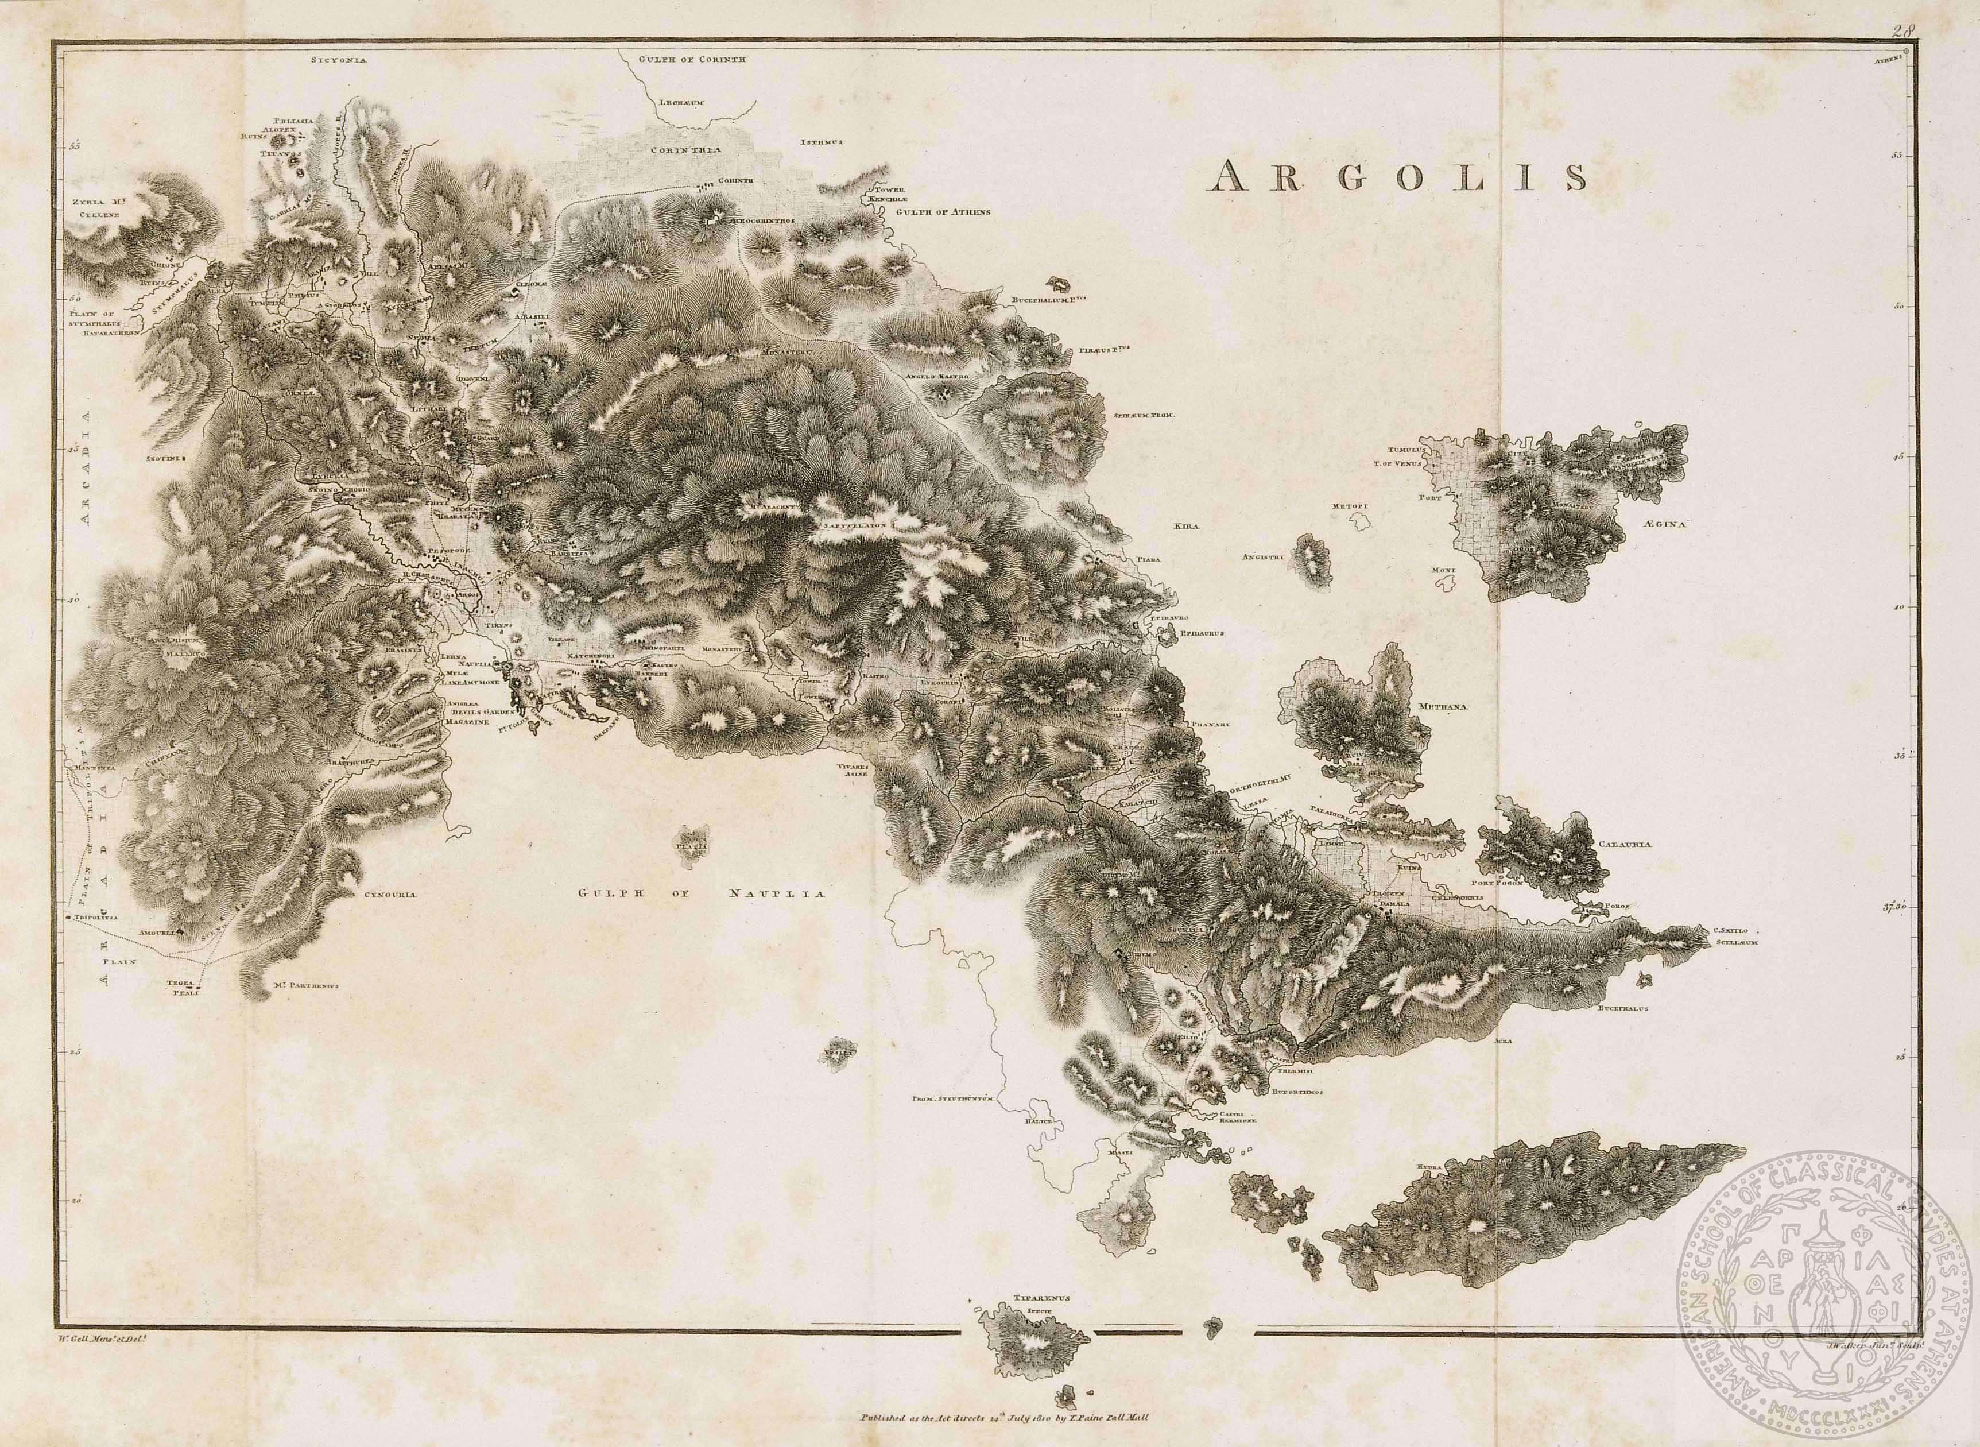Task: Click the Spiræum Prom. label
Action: [x=1144, y=415]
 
